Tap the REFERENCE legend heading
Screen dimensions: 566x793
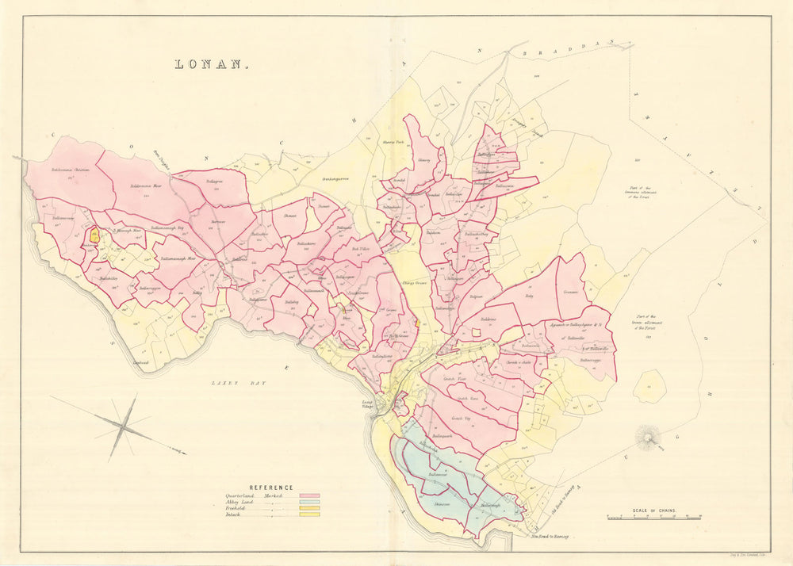tap(271, 488)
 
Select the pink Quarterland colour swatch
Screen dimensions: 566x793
tap(309, 495)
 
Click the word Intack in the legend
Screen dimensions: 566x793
tap(234, 514)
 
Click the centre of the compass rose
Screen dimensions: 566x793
tap(123, 426)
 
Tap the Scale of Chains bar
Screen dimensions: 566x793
tap(654, 517)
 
